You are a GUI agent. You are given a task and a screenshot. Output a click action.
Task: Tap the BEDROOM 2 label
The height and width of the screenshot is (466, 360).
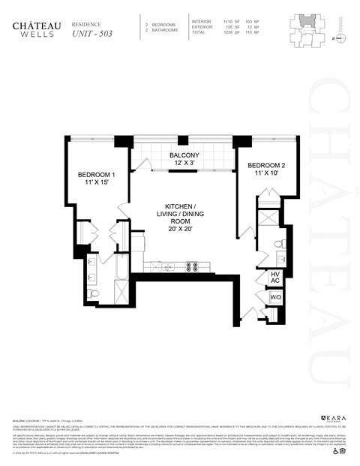[267, 165]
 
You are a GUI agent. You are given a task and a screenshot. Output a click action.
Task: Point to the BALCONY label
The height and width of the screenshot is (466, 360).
[183, 157]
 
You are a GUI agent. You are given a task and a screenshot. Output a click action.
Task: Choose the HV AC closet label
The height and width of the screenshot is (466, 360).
[276, 279]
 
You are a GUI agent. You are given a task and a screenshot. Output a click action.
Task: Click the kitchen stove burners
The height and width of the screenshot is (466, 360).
[192, 265]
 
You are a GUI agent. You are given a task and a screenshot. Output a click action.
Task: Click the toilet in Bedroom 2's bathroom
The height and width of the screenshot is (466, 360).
[277, 244]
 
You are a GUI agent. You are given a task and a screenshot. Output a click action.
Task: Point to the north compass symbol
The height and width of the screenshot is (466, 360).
[339, 36]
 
